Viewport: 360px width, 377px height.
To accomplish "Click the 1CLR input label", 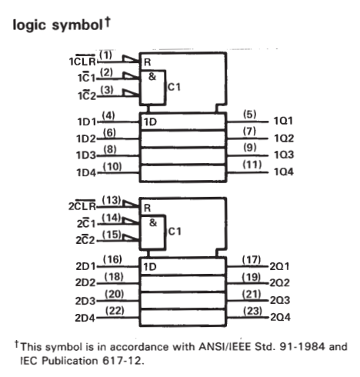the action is point(82,61).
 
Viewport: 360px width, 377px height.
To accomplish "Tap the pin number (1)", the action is point(105,55).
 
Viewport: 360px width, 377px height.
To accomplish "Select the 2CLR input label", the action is point(82,205).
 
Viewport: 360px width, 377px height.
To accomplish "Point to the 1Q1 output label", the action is point(283,121).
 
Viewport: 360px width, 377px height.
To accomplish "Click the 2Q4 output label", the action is point(280,317).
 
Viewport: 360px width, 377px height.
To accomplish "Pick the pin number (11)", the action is point(252,165).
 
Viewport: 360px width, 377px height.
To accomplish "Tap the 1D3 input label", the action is point(86,155).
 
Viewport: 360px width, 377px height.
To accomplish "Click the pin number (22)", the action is point(115,311).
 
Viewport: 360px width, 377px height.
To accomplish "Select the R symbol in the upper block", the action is point(148,62).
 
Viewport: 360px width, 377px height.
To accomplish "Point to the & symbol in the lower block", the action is point(153,222).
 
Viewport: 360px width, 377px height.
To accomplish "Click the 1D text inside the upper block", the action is point(150,122).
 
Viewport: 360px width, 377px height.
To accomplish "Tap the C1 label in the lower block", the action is point(175,232).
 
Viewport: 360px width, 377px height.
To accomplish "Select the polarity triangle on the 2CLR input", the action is point(131,204).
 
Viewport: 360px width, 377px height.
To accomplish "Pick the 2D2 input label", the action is point(85,282).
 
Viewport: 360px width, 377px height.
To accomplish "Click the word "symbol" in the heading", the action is point(77,25).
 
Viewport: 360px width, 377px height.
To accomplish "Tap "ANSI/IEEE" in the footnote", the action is point(225,347).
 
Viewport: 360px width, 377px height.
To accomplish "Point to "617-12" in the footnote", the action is point(122,361).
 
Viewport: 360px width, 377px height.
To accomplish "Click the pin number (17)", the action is point(252,260).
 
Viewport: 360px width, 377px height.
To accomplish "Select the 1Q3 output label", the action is point(284,155).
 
